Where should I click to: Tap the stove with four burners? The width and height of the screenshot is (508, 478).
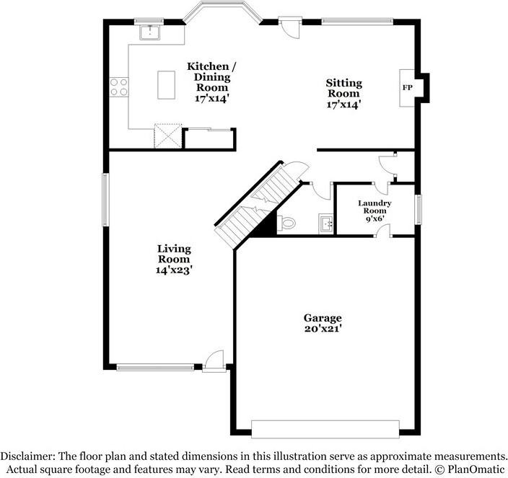(x=118, y=87)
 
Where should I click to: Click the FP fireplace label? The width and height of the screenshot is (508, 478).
(x=407, y=87)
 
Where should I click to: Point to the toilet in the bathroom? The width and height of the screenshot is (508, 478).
(x=287, y=223)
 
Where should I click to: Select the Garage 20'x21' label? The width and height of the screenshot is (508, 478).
(x=322, y=323)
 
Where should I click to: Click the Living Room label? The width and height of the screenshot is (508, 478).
(x=174, y=259)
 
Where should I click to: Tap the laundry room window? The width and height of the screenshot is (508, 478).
(x=419, y=209)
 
